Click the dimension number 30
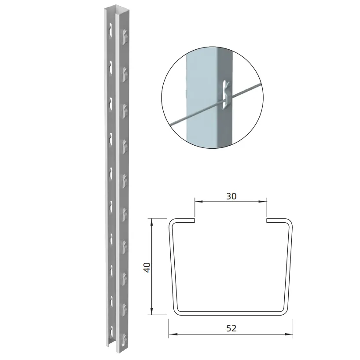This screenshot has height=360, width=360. tap(231, 196)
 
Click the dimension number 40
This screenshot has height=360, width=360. tap(147, 267)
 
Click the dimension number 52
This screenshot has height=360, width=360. tap(231, 328)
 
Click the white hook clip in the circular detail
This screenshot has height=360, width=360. tap(226, 94)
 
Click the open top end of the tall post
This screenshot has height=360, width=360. tap(113, 10)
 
